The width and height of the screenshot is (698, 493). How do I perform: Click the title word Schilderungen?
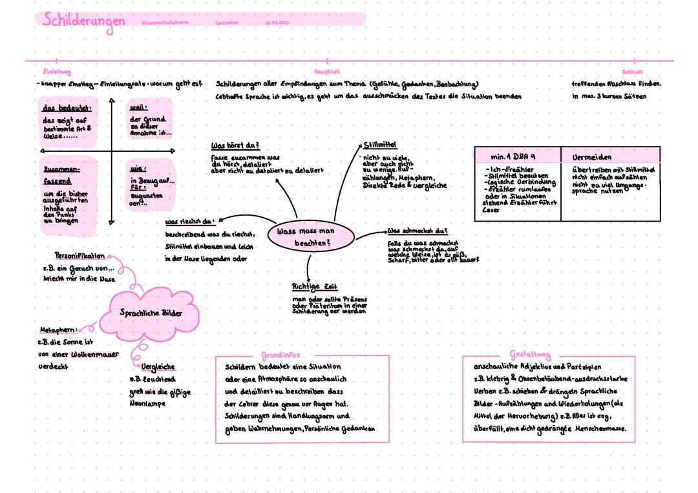click(83, 20)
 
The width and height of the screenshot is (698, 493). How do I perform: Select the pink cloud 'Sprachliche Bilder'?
click(151, 313)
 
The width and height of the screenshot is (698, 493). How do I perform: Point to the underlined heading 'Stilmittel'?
click(380, 145)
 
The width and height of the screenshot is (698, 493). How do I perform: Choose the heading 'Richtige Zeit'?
click(315, 286)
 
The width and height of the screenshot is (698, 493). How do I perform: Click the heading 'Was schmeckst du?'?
click(418, 231)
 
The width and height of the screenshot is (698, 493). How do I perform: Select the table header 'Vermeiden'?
click(591, 157)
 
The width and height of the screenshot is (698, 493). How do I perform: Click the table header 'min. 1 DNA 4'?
click(514, 157)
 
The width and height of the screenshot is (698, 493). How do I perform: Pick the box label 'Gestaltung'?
click(530, 355)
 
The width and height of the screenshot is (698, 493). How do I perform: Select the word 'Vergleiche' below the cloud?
click(158, 367)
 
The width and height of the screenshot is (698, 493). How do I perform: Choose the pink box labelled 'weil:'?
click(148, 120)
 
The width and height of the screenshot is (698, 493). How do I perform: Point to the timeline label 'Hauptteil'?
click(326, 72)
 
